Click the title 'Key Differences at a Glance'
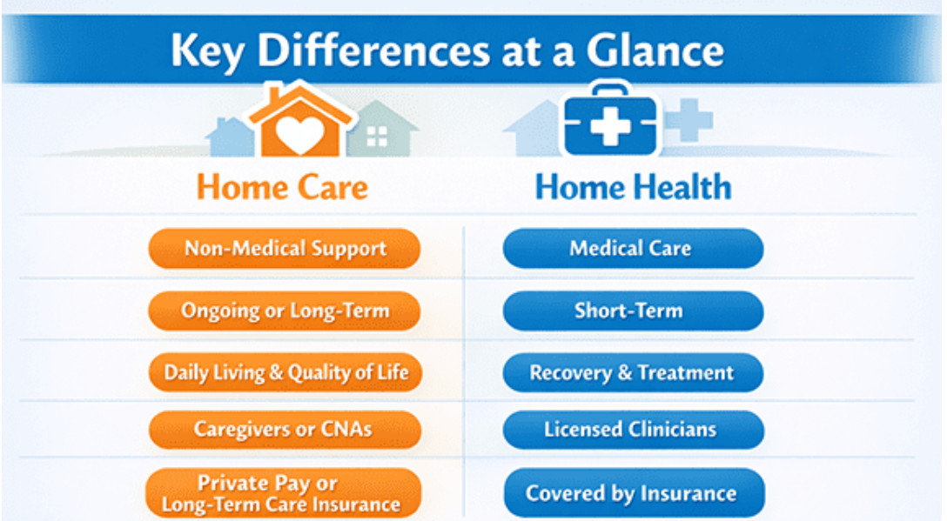click(x=447, y=50)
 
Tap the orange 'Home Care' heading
click(x=282, y=186)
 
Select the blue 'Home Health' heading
click(x=633, y=186)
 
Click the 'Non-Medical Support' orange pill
click(x=285, y=248)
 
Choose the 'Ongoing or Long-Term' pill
click(x=285, y=311)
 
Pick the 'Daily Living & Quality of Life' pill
click(x=285, y=372)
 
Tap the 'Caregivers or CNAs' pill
click(x=285, y=429)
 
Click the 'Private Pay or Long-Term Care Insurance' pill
click(x=283, y=493)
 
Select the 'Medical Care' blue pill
click(x=633, y=248)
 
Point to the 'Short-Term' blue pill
click(x=633, y=311)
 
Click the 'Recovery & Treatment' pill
click(x=633, y=372)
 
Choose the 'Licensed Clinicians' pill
click(x=633, y=429)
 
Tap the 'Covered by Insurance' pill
click(x=635, y=493)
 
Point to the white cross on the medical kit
click(x=610, y=125)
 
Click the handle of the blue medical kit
click(x=611, y=90)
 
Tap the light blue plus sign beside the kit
click(x=688, y=119)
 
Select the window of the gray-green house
click(x=377, y=137)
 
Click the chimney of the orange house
click(x=275, y=95)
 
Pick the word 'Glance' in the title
click(x=655, y=50)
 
